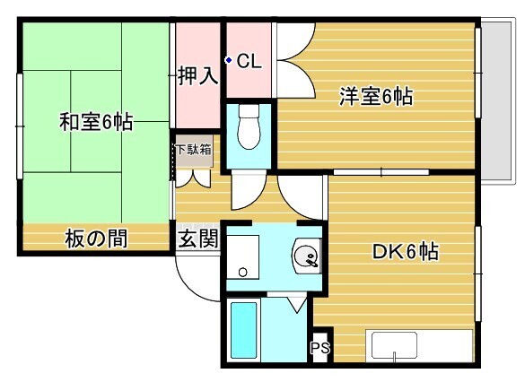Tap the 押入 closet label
(197, 75)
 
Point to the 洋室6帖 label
(374, 96)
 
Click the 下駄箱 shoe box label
(193, 149)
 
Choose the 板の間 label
(94, 239)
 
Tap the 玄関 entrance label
(197, 239)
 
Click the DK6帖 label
(405, 252)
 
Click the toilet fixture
(249, 130)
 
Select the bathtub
(244, 331)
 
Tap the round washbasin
(306, 258)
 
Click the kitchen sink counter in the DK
(418, 345)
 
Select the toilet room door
(244, 190)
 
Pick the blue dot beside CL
(229, 61)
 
